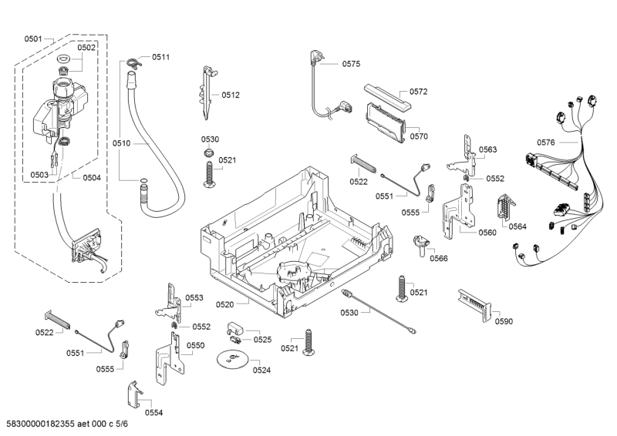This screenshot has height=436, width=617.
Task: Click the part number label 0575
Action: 352,65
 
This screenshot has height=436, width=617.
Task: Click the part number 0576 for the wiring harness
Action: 546,142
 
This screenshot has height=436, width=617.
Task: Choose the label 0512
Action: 231,95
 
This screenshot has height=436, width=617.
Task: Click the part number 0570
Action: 419,136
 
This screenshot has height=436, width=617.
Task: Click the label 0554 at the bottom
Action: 153,413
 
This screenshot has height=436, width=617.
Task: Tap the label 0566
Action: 439,259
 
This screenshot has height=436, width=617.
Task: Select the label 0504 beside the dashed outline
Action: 91,178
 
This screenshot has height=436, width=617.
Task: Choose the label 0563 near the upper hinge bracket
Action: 487,149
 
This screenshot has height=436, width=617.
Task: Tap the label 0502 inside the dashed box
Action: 86,48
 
